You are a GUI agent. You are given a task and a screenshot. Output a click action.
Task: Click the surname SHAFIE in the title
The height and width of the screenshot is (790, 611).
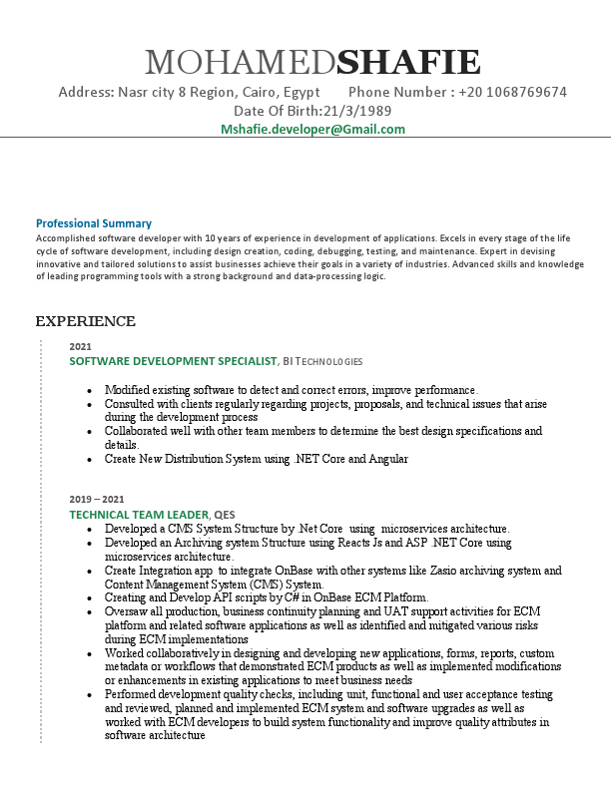tap(409, 63)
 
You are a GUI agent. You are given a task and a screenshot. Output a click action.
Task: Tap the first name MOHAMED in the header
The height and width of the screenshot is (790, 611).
tap(241, 63)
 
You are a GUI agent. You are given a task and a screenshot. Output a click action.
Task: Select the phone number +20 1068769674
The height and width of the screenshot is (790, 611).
tap(513, 92)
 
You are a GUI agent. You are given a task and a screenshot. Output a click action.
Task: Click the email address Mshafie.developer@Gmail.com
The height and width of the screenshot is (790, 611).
tap(312, 130)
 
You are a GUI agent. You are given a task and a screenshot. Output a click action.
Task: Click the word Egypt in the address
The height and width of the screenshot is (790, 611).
tap(301, 92)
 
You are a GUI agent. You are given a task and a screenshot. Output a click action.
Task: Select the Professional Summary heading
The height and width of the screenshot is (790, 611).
tap(94, 223)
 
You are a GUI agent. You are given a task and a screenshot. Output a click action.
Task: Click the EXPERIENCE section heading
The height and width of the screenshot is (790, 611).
tap(85, 321)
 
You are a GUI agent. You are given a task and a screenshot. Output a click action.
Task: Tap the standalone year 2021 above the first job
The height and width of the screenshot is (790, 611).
tap(80, 346)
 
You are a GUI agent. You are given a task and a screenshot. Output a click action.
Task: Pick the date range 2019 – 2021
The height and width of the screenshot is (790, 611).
tap(97, 499)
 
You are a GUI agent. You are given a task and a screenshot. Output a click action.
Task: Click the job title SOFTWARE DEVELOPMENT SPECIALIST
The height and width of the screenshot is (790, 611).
tap(172, 360)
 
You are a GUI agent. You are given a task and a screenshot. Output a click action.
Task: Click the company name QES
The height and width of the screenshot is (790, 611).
tap(227, 514)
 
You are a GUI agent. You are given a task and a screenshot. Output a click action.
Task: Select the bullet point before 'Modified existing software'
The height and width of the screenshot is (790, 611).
tap(91, 390)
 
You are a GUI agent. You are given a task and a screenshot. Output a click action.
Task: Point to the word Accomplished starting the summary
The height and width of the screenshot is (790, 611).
tap(64, 239)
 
